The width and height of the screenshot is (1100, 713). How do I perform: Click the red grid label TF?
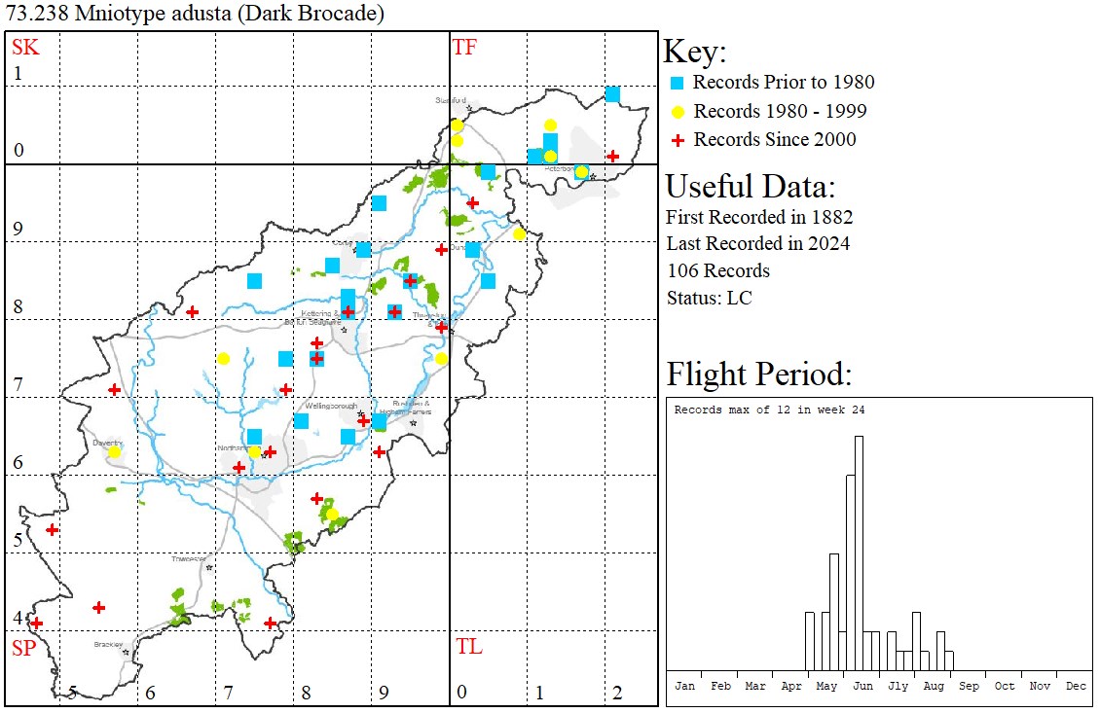[464, 47]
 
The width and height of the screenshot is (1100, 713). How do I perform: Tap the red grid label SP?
[23, 648]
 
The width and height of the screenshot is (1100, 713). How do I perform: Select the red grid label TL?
[468, 647]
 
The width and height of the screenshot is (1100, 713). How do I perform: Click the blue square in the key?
[677, 83]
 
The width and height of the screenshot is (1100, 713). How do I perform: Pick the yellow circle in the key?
[677, 111]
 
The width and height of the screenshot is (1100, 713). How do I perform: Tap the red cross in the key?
[677, 140]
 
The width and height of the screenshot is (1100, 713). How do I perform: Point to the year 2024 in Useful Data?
[829, 244]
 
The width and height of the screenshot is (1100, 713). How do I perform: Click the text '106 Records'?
[717, 270]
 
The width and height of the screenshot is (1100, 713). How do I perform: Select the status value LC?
[739, 298]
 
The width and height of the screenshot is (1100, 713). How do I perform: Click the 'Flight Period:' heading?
[758, 374]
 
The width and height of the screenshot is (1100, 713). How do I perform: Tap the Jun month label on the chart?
[862, 686]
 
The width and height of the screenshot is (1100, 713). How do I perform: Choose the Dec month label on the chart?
[1075, 686]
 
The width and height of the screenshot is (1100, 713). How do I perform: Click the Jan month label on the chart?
[684, 686]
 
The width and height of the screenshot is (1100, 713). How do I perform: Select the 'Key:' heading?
[694, 52]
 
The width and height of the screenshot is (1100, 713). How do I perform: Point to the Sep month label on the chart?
[969, 686]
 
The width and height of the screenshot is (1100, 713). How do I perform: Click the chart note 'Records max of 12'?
[740, 410]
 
